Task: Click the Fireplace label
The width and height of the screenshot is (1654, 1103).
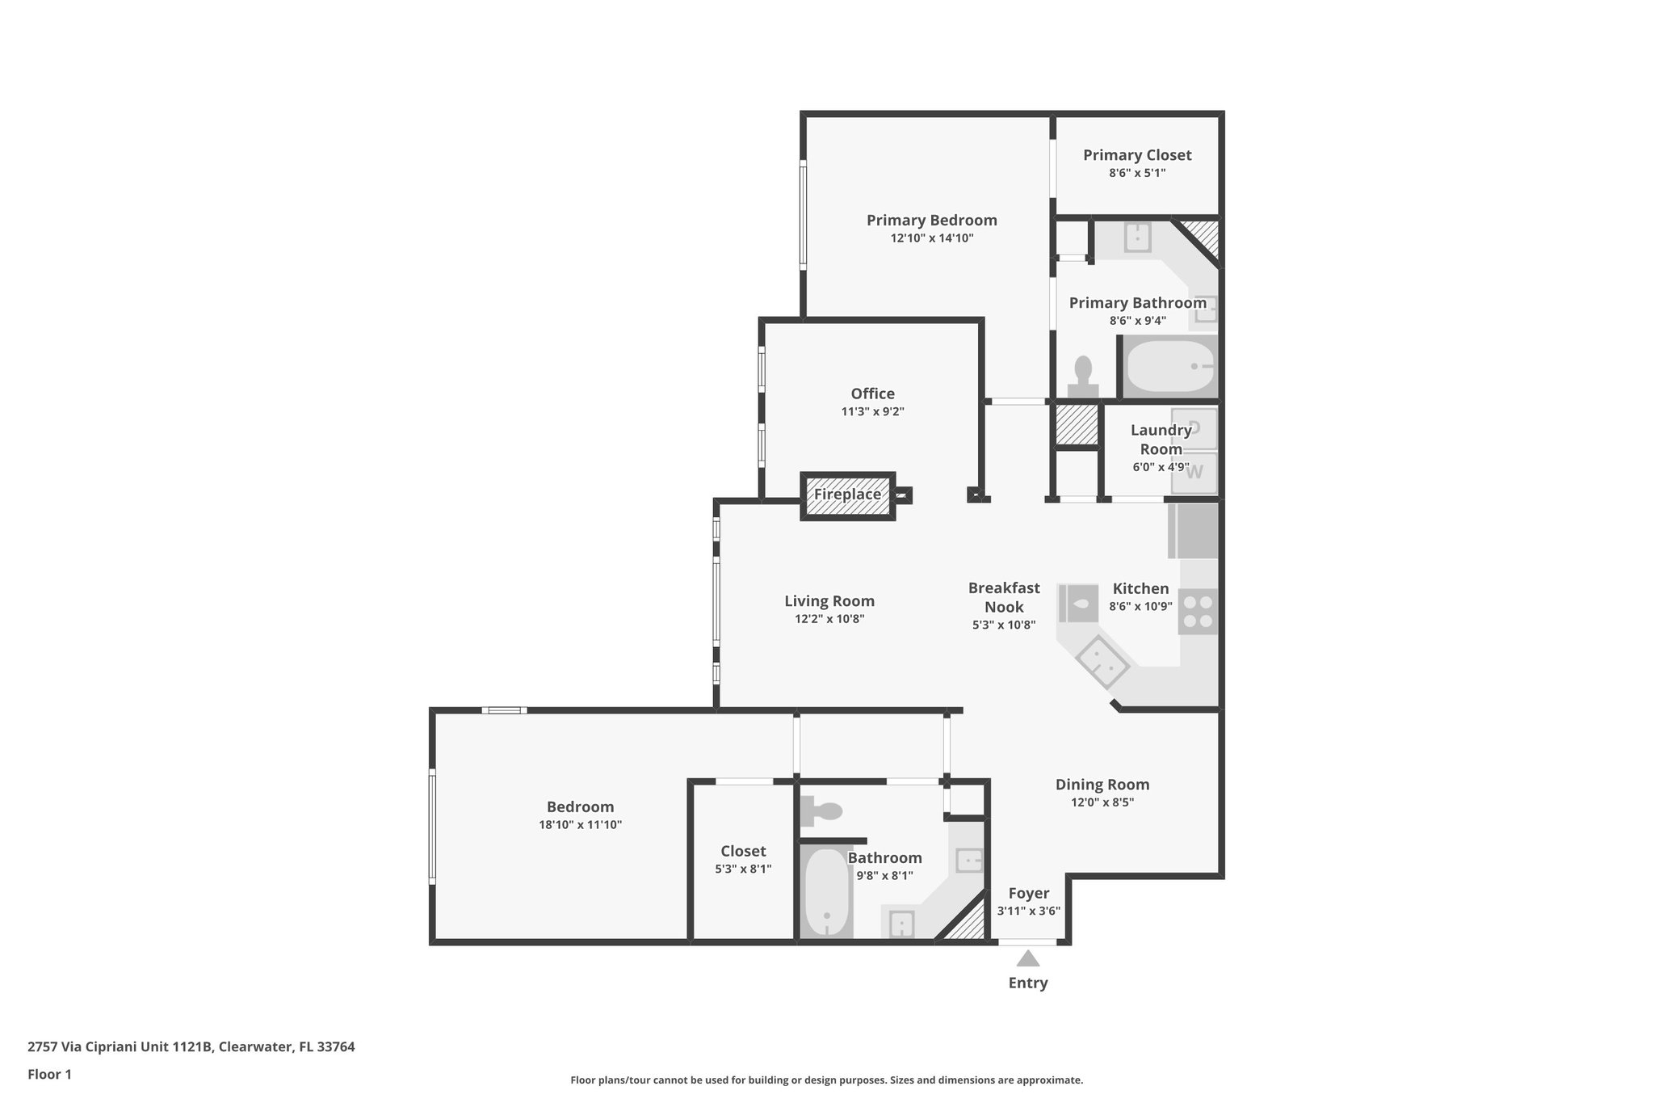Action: click(x=846, y=495)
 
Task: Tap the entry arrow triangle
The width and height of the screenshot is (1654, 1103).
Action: click(x=1027, y=959)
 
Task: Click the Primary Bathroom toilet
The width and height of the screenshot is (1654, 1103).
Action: click(x=1082, y=377)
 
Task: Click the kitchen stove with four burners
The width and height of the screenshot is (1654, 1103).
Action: click(x=1198, y=612)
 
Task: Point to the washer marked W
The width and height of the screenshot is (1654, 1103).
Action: click(x=1194, y=472)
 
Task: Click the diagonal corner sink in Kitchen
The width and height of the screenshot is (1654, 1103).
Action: click(x=1102, y=661)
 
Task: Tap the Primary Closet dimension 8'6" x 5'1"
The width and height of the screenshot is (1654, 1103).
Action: click(x=1136, y=173)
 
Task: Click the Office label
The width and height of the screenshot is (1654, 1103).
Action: click(x=872, y=394)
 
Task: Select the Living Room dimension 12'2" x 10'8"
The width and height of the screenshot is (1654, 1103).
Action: click(x=829, y=619)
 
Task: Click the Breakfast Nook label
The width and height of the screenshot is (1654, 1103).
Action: click(x=1004, y=597)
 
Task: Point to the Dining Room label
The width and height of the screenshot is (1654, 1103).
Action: click(x=1102, y=784)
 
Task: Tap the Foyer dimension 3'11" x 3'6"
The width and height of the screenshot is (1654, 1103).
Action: click(x=1028, y=911)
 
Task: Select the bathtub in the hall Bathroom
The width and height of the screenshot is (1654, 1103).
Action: click(x=826, y=893)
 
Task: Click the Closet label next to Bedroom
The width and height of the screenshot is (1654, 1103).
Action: click(x=743, y=851)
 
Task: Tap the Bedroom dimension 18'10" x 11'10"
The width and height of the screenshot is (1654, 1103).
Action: click(x=580, y=825)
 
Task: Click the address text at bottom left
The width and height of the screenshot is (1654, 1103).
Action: click(x=191, y=1046)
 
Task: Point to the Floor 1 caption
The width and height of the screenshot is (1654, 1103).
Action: click(x=49, y=1074)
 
